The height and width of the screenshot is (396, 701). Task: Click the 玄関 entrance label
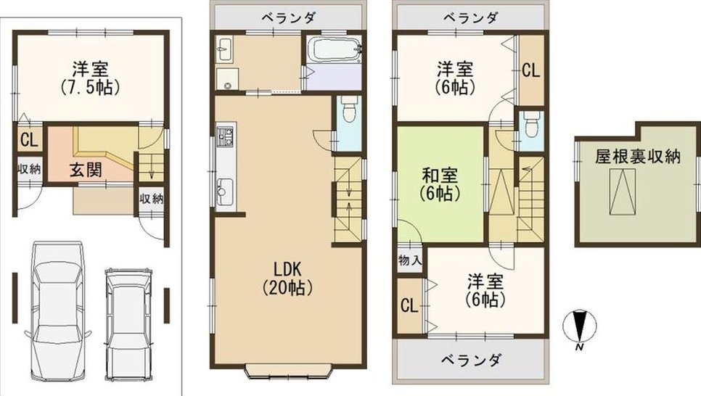tap(86, 170)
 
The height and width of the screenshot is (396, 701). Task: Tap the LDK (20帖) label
tap(287, 278)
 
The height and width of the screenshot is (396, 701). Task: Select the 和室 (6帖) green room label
tap(440, 184)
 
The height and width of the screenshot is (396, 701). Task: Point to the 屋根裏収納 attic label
tap(638, 157)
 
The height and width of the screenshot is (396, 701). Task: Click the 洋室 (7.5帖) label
tap(90, 78)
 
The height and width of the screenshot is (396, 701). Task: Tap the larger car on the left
tap(57, 311)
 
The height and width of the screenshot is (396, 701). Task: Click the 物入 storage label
tap(409, 260)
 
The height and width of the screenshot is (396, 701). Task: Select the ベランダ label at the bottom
tap(471, 360)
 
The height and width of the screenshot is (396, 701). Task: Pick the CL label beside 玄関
tap(29, 141)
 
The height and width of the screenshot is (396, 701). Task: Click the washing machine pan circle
tap(227, 86)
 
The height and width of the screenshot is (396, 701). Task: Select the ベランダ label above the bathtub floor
tap(289, 18)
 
